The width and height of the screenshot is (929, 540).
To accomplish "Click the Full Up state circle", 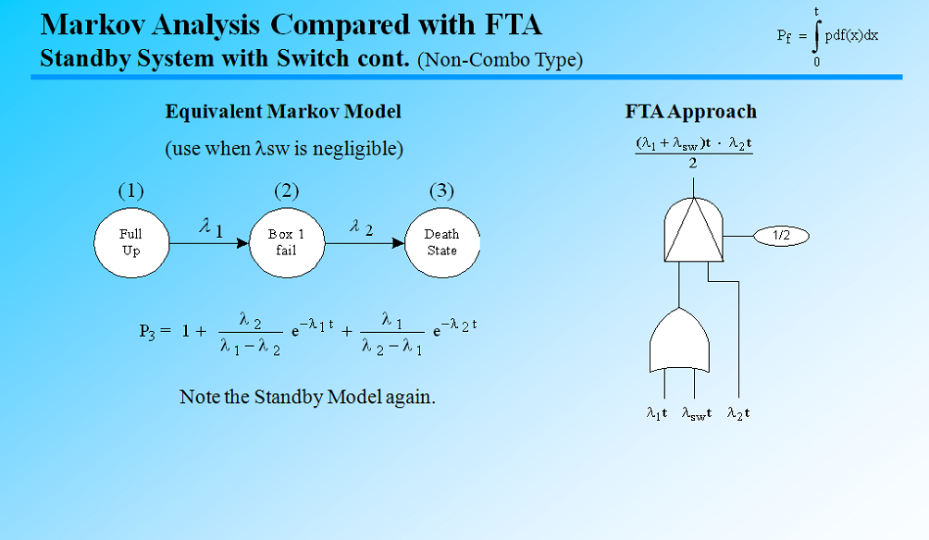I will click(x=131, y=242).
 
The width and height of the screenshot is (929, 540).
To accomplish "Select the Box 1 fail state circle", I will click(x=286, y=242).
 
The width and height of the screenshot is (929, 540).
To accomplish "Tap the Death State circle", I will click(x=441, y=242).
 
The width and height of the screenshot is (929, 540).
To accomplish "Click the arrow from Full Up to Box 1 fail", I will click(x=208, y=243).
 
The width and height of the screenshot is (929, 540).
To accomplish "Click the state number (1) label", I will click(x=131, y=191).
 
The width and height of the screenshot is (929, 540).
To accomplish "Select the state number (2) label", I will click(x=286, y=191).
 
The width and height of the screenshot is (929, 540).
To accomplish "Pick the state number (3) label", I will click(x=441, y=191).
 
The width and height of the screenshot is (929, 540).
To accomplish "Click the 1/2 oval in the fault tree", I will click(x=781, y=236).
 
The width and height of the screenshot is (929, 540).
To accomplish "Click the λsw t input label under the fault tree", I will click(x=697, y=413).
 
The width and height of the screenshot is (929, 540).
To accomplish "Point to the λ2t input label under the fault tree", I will click(x=738, y=413).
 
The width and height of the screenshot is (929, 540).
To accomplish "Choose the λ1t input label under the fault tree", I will click(x=657, y=413).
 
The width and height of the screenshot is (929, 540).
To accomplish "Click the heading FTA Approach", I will click(x=690, y=112).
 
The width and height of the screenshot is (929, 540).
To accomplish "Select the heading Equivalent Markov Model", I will click(x=283, y=112).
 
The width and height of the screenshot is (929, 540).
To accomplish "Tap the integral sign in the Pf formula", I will click(x=816, y=37).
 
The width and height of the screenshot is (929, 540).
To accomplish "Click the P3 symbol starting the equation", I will click(x=149, y=331).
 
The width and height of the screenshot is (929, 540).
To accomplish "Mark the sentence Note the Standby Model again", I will click(x=307, y=397).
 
